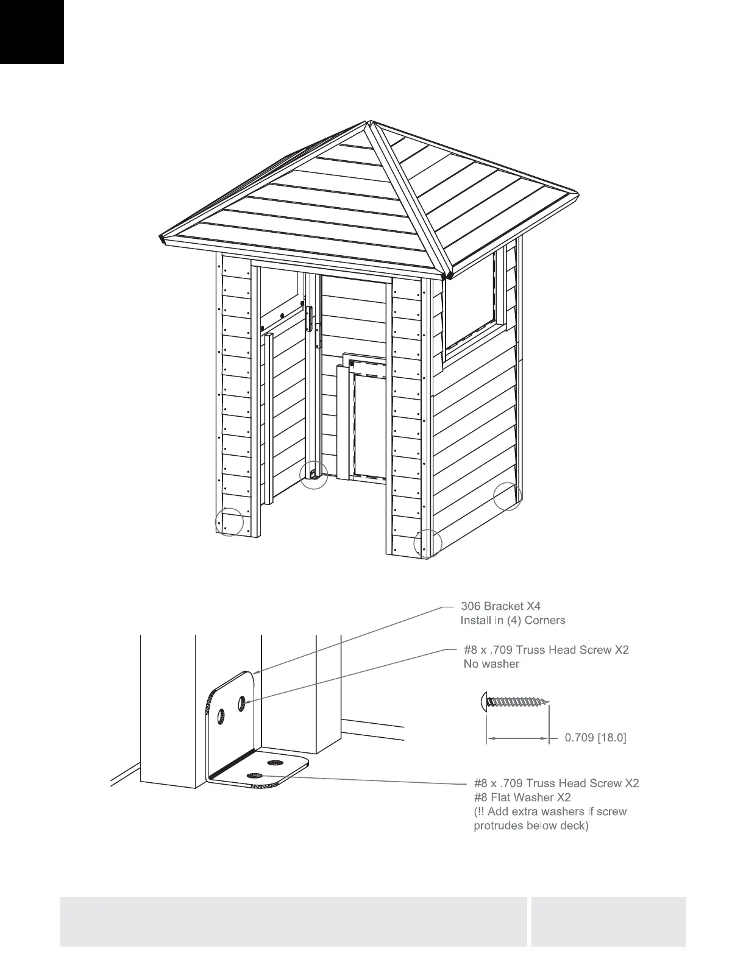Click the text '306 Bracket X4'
[500, 606]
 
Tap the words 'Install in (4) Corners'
[513, 620]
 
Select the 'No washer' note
[491, 664]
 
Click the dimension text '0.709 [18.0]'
[595, 738]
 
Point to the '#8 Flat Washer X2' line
[522, 797]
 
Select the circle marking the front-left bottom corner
[229, 523]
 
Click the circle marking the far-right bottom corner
[508, 495]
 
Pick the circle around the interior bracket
[314, 474]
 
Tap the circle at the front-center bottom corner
[428, 542]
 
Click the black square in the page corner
[32, 32]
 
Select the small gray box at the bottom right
[608, 921]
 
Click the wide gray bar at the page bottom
[293, 921]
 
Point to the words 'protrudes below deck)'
[531, 826]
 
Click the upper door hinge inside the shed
[309, 316]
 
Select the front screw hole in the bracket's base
[254, 775]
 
